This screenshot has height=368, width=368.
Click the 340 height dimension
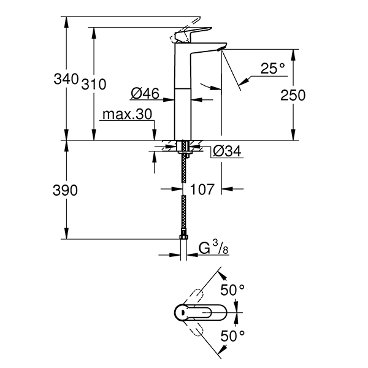pos(66,79)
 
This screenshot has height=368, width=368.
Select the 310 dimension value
pos(93,84)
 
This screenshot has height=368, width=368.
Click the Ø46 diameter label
pos(145,94)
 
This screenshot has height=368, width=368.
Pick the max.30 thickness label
pos(127,114)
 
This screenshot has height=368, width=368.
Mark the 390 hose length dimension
pos(66,191)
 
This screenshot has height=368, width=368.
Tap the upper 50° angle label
pos(232,288)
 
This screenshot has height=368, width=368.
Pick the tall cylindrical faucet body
pos(184,92)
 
